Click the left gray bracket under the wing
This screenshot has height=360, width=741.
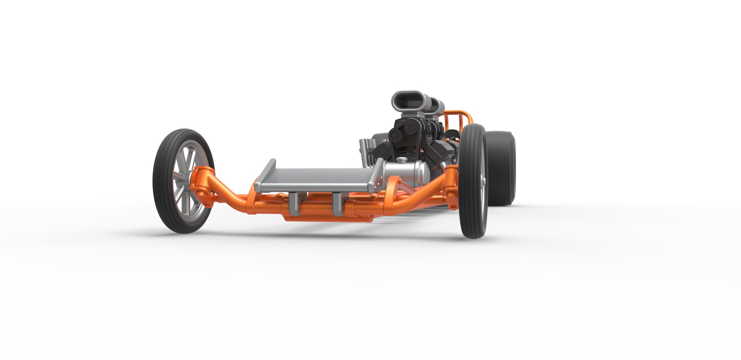tap(294, 203)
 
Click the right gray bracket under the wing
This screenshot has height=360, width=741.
tap(337, 203)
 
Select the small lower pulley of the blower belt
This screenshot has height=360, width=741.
tap(396, 135)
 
